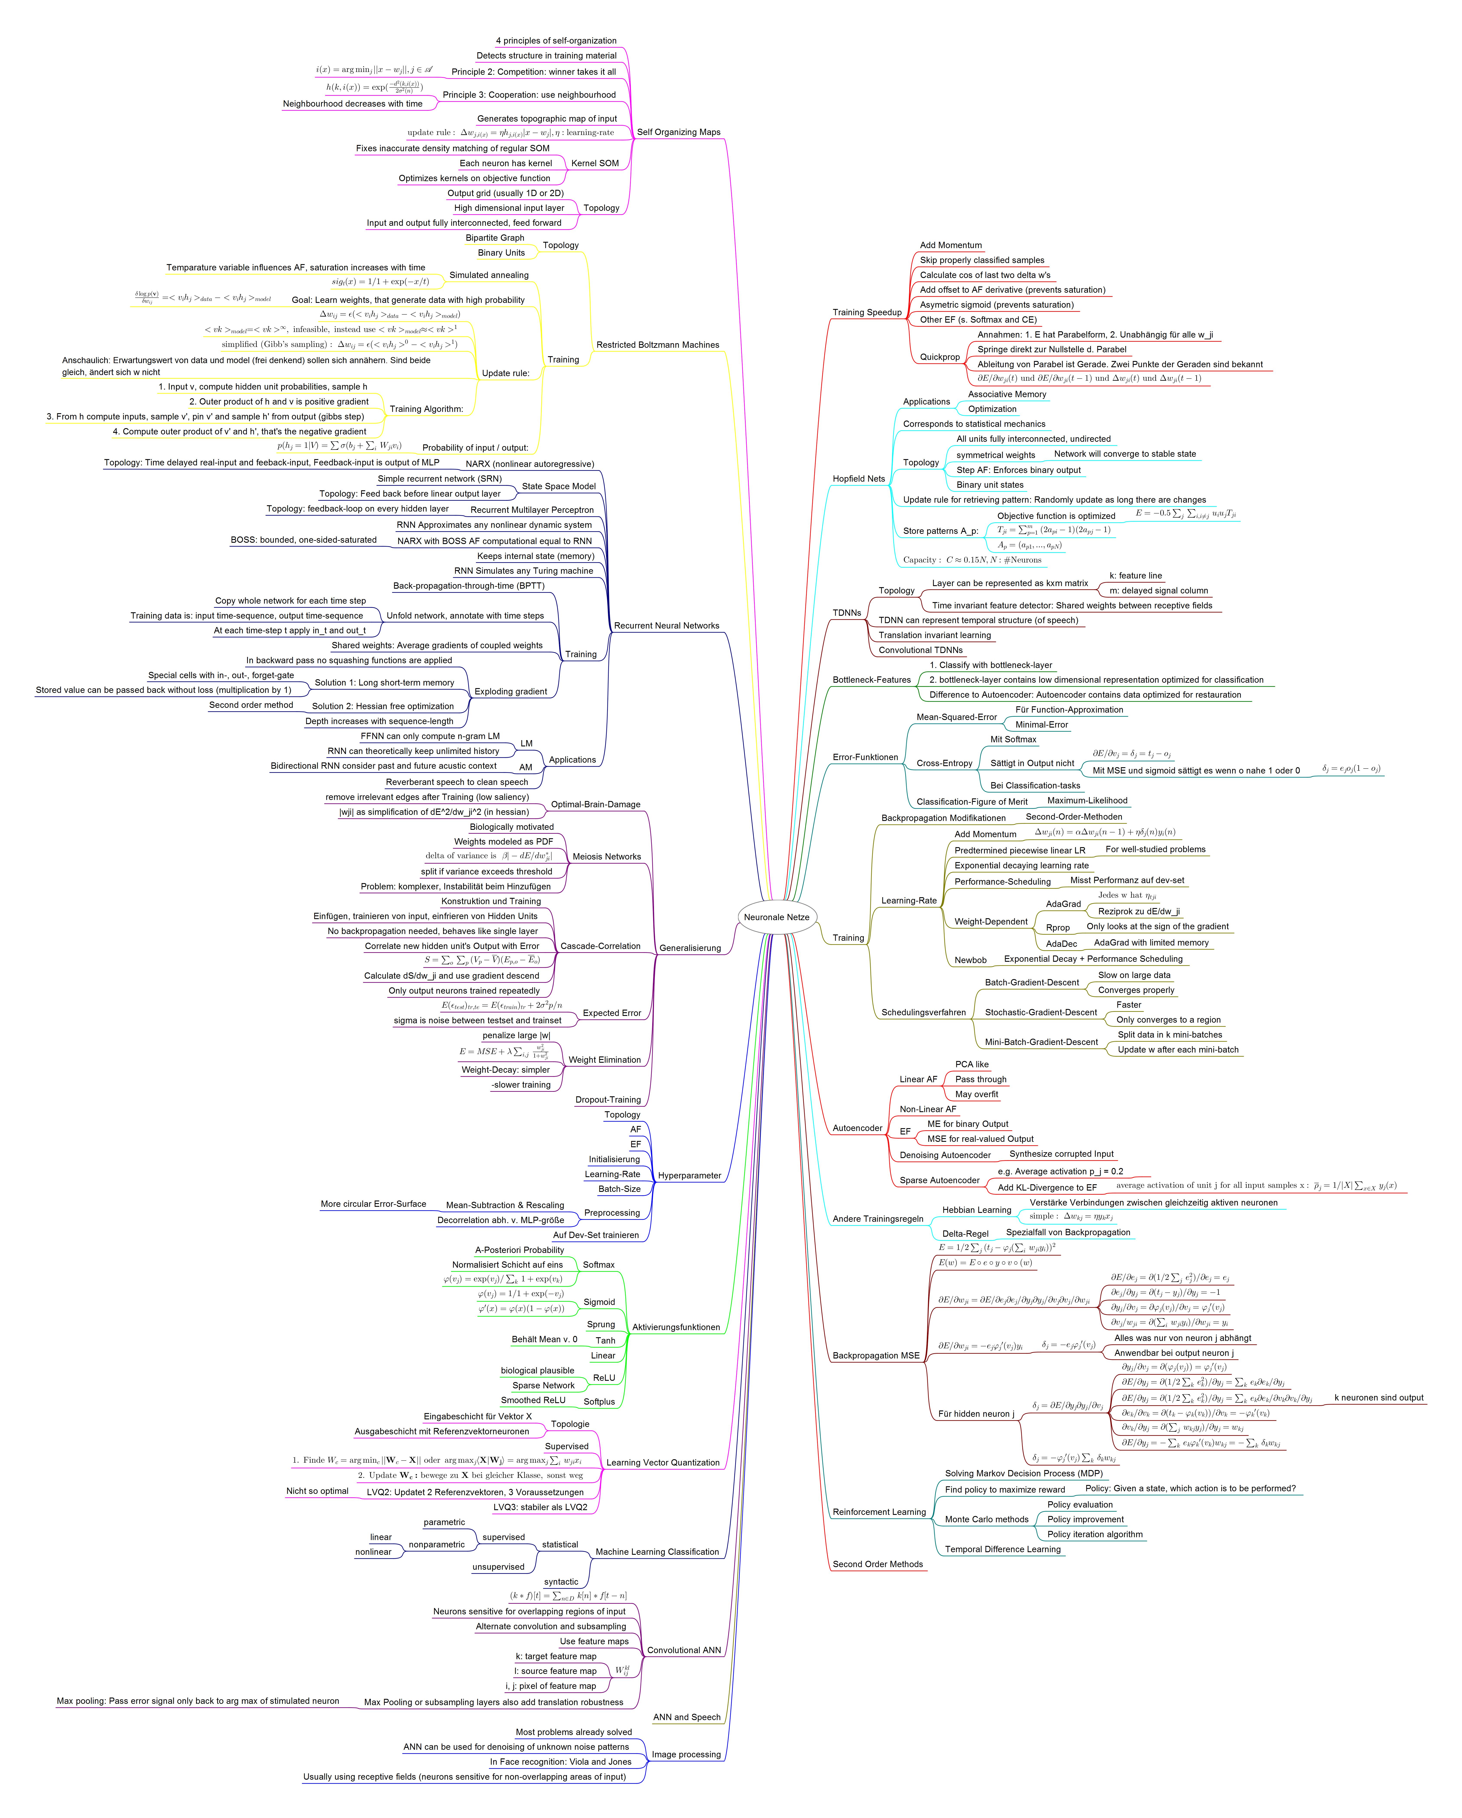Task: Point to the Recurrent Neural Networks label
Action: [666, 626]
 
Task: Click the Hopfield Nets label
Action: [858, 479]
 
